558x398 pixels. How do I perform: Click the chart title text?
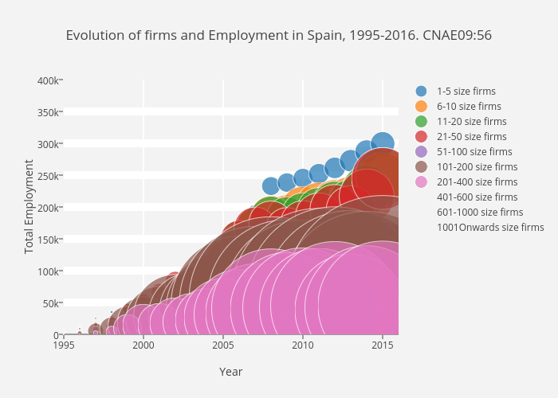278,35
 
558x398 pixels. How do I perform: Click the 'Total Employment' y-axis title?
29,207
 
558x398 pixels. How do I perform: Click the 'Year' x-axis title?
230,372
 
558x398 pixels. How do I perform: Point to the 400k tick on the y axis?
46,80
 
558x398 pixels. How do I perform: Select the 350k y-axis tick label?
46,112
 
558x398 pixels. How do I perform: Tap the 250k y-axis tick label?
46,176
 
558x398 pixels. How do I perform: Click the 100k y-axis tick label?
46,271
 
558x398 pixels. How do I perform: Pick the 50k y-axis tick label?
49,303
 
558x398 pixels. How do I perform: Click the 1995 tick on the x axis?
64,345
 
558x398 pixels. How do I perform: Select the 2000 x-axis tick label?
143,345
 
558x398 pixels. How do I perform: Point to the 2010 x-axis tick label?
302,345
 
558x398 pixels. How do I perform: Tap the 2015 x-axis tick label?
382,345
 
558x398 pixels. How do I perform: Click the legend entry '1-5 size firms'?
466,92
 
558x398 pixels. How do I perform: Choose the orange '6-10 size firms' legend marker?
422,107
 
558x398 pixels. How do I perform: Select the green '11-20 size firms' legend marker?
422,122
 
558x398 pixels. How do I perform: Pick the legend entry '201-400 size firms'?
476,182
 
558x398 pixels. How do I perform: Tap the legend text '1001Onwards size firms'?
490,228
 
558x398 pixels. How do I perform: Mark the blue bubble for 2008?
270,185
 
